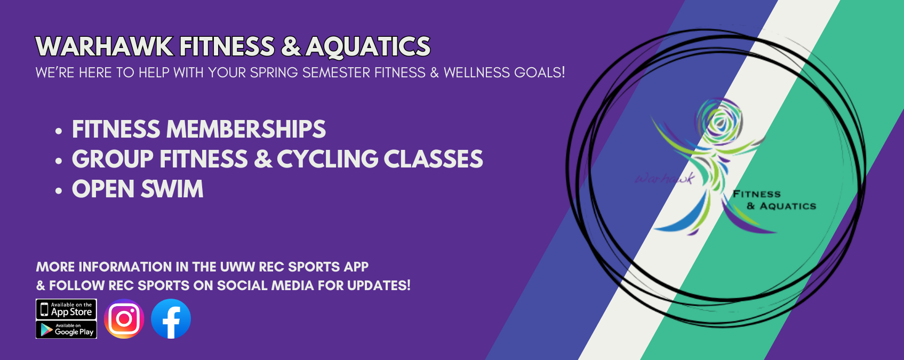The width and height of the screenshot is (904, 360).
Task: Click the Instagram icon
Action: coord(124,319)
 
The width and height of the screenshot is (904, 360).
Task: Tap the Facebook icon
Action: coord(171,319)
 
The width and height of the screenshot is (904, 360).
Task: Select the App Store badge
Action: coord(66,309)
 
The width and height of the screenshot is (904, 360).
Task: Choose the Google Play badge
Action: coord(66,330)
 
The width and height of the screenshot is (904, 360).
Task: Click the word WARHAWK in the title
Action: coord(105,47)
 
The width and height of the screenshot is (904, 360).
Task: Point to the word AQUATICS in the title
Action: coord(368,47)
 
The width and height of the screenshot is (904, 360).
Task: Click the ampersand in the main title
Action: coord(291,47)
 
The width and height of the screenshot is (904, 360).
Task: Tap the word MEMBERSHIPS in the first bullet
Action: coord(246,130)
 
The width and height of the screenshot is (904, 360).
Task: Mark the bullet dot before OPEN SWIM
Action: coord(59,190)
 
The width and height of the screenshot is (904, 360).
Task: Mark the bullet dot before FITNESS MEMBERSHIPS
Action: coord(59,131)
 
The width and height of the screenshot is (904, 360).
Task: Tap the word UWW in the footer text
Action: coord(237,267)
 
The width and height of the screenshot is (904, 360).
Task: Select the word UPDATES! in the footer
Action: coord(379,286)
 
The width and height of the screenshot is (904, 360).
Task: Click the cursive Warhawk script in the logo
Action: coord(665,179)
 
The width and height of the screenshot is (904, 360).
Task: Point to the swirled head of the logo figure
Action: coord(720,121)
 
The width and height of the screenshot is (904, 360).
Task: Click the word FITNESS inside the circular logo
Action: coord(756,194)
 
